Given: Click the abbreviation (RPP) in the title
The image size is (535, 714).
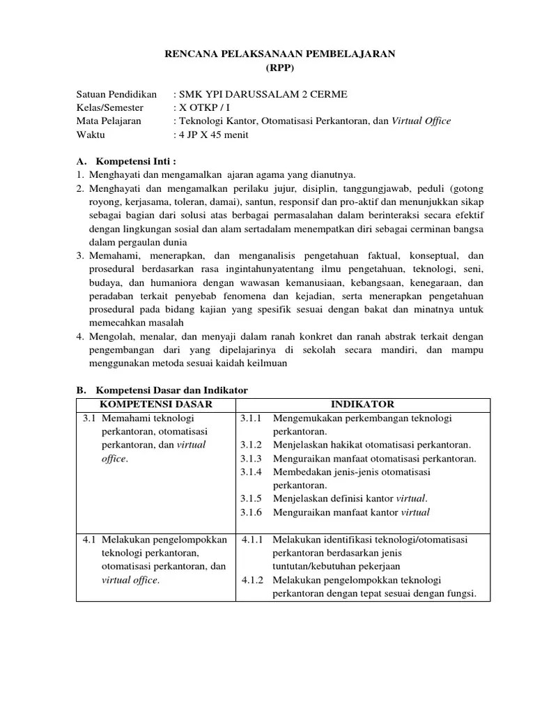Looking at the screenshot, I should tap(280, 68).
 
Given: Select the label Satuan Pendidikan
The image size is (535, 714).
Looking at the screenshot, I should tap(116, 94).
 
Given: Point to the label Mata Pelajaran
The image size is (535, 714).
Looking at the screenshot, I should tap(109, 121).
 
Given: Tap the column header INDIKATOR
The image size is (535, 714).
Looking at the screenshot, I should tap(362, 404).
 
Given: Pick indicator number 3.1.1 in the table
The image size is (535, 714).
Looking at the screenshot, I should tap(251, 418).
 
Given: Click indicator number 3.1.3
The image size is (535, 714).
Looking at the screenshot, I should tap(251, 459).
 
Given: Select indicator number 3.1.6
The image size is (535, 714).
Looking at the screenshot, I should tap(251, 512).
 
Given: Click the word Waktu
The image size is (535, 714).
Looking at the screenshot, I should tap(91, 135).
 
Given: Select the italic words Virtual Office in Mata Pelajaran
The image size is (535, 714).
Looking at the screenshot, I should tap(421, 121).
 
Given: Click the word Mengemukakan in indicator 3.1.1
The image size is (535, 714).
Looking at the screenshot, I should tap(307, 418).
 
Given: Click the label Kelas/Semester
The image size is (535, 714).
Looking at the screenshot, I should tap(109, 107).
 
